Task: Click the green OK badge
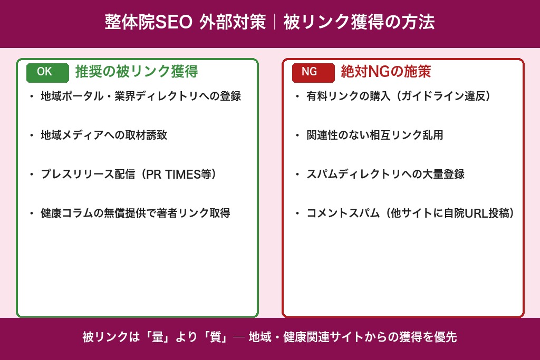click(47, 72)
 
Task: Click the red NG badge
click(313, 72)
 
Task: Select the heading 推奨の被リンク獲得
click(136, 72)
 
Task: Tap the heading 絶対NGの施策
click(385, 72)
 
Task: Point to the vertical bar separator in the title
click(275, 23)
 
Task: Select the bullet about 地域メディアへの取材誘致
click(104, 135)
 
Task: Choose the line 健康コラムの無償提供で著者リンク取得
click(136, 213)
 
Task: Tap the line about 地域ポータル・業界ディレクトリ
click(141, 96)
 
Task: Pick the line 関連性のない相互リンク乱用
click(374, 135)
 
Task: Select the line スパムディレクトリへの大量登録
click(385, 174)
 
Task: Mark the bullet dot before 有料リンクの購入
click(297, 96)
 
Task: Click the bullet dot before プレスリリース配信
click(32, 174)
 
